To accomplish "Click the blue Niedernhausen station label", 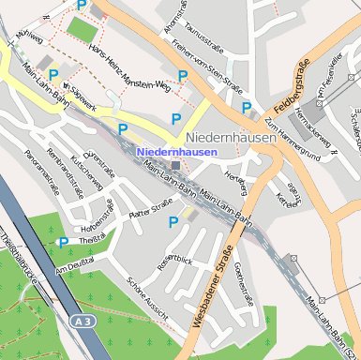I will coord(177,151).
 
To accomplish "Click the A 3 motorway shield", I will coord(83,322).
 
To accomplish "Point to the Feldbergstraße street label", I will coord(294,83).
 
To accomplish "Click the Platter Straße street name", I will coord(151,210).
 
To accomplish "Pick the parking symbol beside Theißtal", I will coord(63,243).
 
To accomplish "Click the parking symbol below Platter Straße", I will coord(173,222).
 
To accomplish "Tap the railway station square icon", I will coord(174,165).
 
